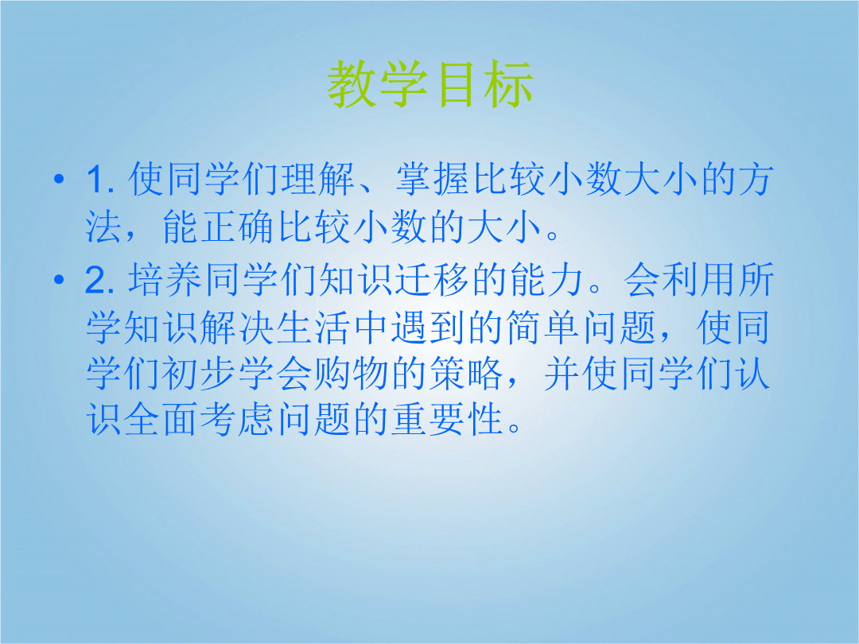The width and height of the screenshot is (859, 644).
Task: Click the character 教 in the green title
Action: click(x=352, y=83)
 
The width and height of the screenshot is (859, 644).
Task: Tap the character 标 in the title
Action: click(x=507, y=83)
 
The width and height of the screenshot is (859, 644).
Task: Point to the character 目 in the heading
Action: click(x=457, y=83)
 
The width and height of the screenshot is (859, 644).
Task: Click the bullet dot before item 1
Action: click(x=59, y=179)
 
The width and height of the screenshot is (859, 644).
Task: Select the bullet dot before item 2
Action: click(x=59, y=280)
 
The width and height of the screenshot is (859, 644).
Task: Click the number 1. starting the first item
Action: click(x=100, y=179)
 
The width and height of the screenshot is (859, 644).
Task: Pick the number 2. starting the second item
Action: click(x=99, y=280)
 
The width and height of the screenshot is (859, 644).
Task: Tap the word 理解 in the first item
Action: click(x=318, y=179)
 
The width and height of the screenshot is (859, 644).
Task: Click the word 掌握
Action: click(x=433, y=179)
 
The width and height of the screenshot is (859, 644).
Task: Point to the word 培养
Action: click(x=165, y=280)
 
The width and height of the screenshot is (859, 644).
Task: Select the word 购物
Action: click(x=352, y=374)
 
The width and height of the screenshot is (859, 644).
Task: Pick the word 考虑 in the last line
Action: click(x=237, y=420)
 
